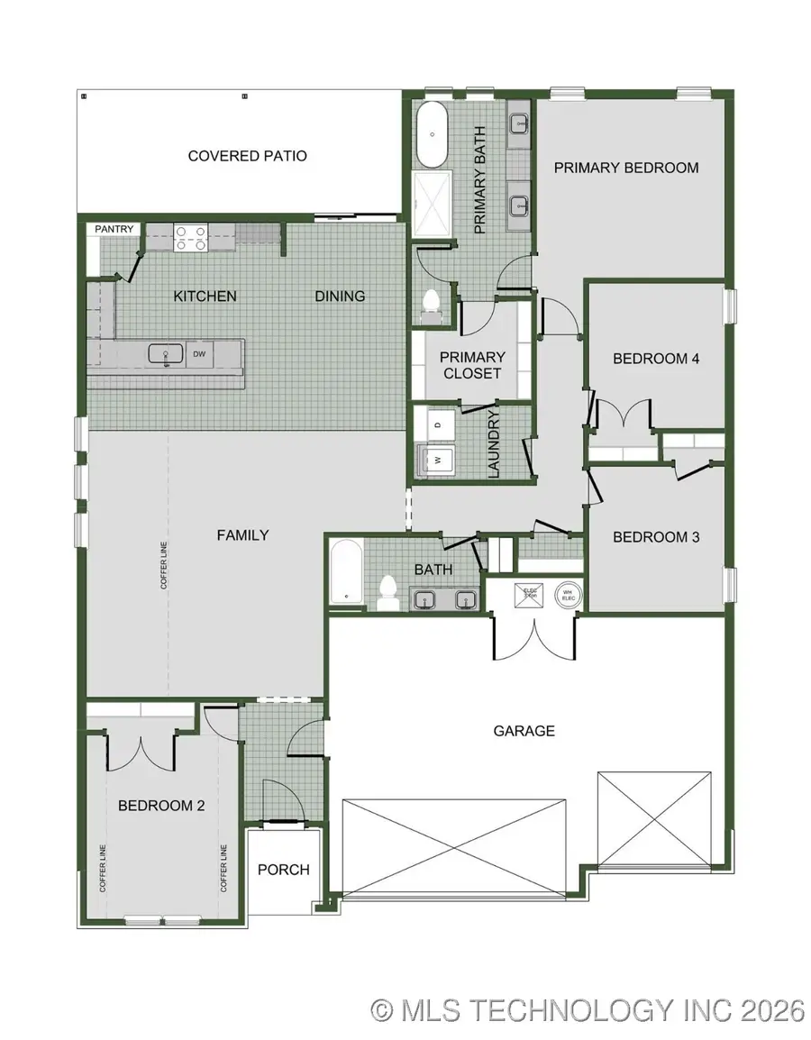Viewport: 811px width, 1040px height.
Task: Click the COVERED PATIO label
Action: [247, 156]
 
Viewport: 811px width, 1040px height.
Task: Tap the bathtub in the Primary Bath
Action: [433, 135]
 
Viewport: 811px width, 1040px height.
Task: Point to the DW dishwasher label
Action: [199, 354]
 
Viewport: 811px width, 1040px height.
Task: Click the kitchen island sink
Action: [166, 353]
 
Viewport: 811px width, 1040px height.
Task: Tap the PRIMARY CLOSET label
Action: [473, 365]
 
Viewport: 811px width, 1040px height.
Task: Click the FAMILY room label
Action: [242, 534]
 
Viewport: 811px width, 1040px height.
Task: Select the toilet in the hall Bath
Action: [388, 591]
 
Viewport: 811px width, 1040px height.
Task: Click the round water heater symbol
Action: [568, 596]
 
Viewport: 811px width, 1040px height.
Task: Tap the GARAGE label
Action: [524, 731]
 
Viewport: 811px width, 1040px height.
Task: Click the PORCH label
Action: [283, 870]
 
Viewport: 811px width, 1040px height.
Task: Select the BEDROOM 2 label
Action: [161, 806]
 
